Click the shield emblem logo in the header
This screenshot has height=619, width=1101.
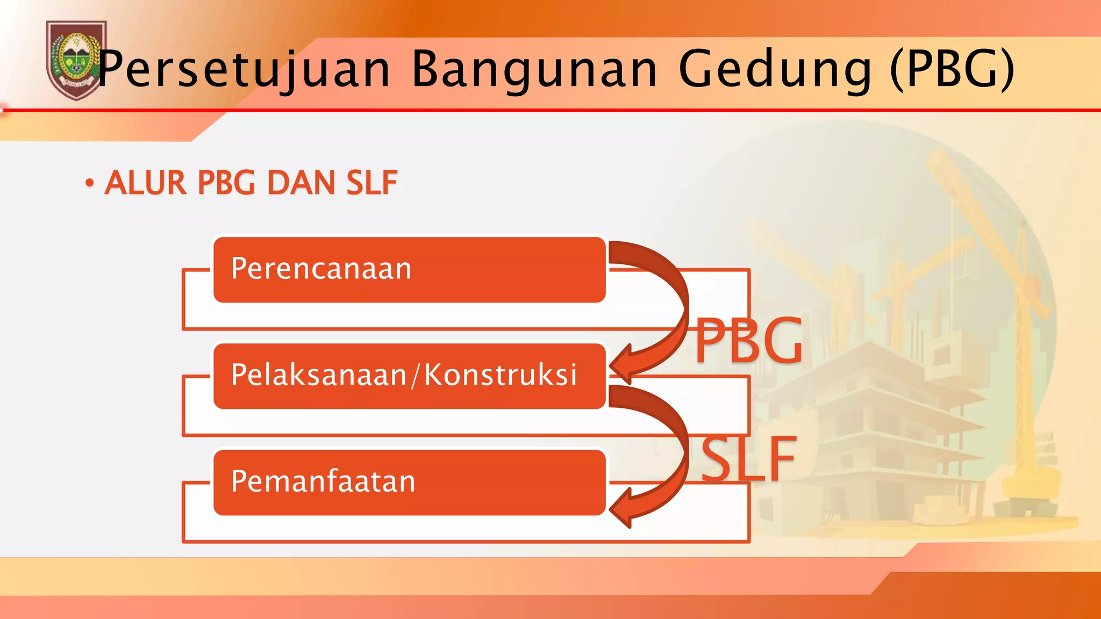75,60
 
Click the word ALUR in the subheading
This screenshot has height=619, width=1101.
145,183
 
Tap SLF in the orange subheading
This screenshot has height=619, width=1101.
371,183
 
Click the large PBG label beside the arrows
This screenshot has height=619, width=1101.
748,341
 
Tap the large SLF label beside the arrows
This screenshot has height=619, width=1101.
748,459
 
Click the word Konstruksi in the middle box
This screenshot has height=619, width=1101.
500,375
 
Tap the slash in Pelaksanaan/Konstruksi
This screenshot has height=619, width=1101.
414,375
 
